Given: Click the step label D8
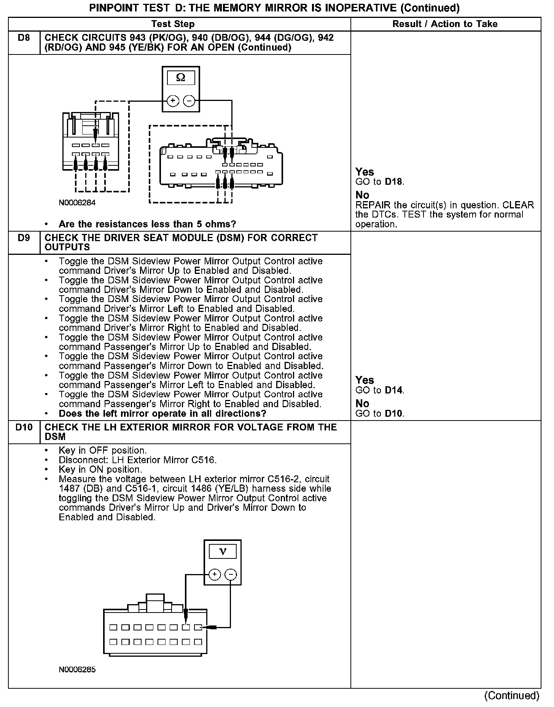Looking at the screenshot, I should click(x=24, y=38).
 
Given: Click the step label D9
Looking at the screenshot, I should click(x=24, y=238).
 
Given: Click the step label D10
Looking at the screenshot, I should click(x=24, y=427).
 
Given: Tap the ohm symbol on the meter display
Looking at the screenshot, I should click(x=181, y=78).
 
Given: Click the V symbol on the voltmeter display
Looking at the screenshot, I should click(x=223, y=551).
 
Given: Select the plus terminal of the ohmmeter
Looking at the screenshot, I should click(x=173, y=101).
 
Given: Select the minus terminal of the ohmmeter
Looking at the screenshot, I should click(x=189, y=101).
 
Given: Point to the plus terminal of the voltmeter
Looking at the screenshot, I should click(x=215, y=574).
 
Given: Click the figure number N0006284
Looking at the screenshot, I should click(x=77, y=203).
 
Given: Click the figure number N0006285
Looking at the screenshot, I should click(x=77, y=669).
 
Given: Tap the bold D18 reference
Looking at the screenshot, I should click(x=393, y=182).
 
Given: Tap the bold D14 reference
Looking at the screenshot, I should click(x=393, y=390).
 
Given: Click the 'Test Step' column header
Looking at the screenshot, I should click(x=173, y=24).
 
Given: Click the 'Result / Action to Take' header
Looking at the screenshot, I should click(x=445, y=24).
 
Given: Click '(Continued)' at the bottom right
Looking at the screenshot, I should click(x=512, y=696).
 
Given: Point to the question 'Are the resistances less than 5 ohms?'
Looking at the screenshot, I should click(x=147, y=224).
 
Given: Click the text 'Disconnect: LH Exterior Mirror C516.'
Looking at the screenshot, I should click(x=138, y=460).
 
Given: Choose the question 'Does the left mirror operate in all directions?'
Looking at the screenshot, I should click(x=162, y=414).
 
